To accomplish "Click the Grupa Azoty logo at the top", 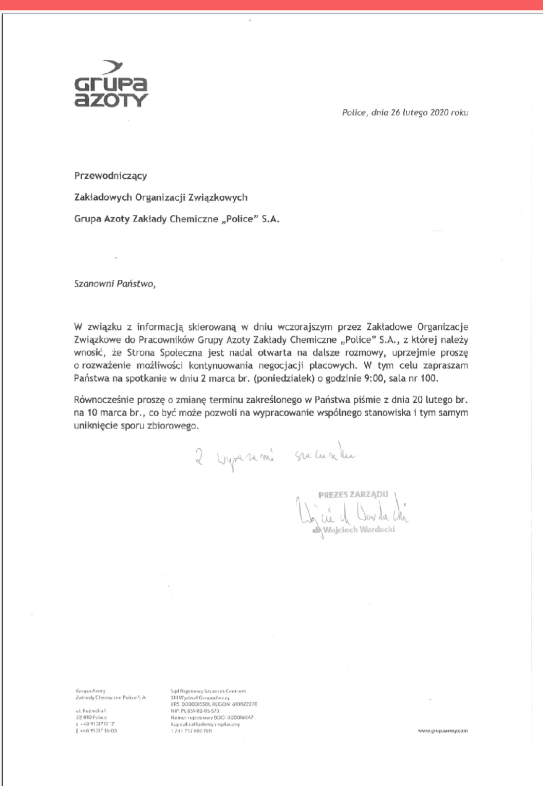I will tap(111, 84).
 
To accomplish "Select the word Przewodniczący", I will tap(110, 176).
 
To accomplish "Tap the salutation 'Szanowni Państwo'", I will tap(114, 284).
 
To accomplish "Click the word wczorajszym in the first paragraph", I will tap(304, 327).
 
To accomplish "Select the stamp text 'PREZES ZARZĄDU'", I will tap(353, 495).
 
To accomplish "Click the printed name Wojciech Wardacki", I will tap(359, 530).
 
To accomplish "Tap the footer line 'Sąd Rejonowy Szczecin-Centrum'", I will tap(208, 691).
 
